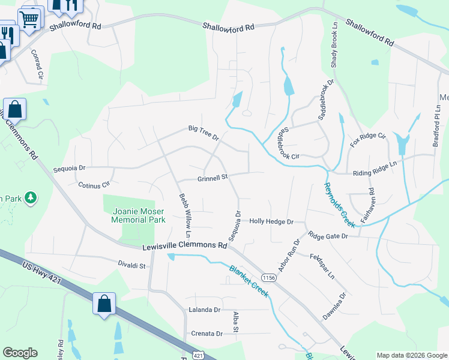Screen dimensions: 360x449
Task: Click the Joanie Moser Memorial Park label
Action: pos(138,215)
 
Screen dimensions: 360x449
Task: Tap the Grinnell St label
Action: pos(213,178)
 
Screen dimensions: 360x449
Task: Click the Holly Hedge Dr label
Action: pos(271,221)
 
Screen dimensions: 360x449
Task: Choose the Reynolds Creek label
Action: pos(339,205)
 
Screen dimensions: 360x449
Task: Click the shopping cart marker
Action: pos(29,19)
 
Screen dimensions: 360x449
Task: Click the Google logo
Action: pos(20,353)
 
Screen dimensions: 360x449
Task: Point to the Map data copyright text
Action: pos(411,355)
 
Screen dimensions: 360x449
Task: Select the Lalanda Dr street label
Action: pos(205,310)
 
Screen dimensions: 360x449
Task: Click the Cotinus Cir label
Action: pos(94,185)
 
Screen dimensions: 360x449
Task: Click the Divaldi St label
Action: pos(131,263)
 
